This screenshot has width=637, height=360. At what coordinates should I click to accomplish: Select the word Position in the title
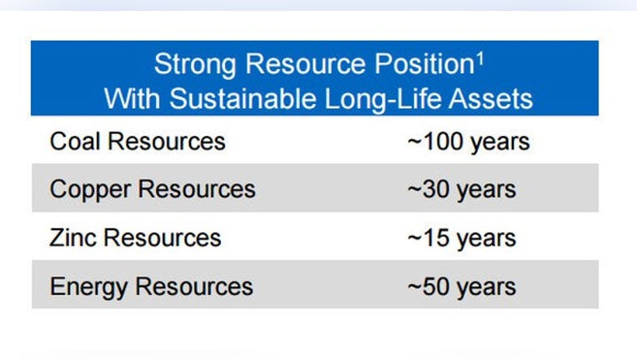[424, 63]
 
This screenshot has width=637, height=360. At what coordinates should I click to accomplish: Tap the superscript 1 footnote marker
[480, 60]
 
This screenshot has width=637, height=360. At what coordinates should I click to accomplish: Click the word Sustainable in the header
[243, 98]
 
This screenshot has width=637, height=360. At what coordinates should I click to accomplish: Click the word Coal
[75, 141]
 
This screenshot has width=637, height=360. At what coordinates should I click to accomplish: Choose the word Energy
[88, 287]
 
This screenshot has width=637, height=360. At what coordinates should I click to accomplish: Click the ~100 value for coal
[435, 142]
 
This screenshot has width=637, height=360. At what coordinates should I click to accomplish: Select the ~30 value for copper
[429, 189]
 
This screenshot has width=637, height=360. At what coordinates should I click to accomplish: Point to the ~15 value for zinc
[429, 237]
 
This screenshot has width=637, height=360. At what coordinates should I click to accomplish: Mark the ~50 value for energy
[429, 287]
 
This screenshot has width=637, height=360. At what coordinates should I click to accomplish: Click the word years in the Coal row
[499, 142]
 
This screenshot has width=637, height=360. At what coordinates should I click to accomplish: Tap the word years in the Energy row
[486, 288]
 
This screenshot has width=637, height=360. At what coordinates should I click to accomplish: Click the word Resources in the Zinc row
[163, 237]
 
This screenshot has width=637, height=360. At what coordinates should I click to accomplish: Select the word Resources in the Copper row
[197, 189]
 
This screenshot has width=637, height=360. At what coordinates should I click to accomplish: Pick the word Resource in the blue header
[305, 63]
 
